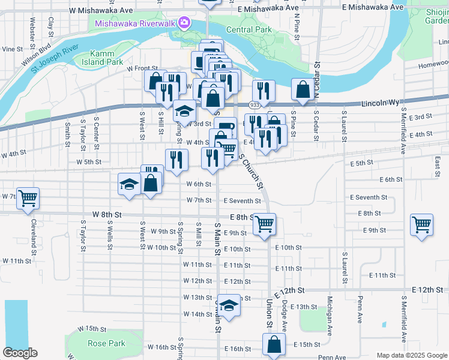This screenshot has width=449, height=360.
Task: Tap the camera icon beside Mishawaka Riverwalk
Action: tap(184, 23)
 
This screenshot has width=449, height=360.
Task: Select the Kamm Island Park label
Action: tap(106, 58)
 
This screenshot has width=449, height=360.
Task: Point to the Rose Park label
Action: tap(106, 344)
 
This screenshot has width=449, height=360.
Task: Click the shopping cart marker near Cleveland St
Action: tap(28, 197)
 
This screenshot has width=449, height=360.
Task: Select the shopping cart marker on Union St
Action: tap(264, 223)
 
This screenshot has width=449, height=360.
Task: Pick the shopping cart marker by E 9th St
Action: tap(422, 224)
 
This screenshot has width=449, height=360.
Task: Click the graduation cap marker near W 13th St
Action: tap(228, 305)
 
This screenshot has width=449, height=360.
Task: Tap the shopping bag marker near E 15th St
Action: tap(274, 344)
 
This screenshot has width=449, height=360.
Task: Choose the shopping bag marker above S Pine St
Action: tap(303, 89)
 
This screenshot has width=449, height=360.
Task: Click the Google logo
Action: tap(20, 353)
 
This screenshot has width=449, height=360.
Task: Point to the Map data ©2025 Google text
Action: tap(412, 355)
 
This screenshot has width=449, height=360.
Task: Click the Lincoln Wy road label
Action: tap(381, 103)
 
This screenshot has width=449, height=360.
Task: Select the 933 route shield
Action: tap(255, 105)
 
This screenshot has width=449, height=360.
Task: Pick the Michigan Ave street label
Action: tap(330, 315)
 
